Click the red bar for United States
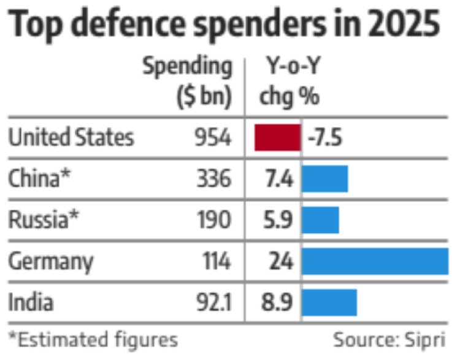[277, 137]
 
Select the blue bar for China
[324, 179]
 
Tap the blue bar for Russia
[320, 220]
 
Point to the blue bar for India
[329, 302]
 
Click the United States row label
[71, 137]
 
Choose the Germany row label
[51, 261]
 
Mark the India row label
[31, 302]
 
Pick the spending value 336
[213, 179]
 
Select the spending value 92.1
[207, 302]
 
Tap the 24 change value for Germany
[280, 261]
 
